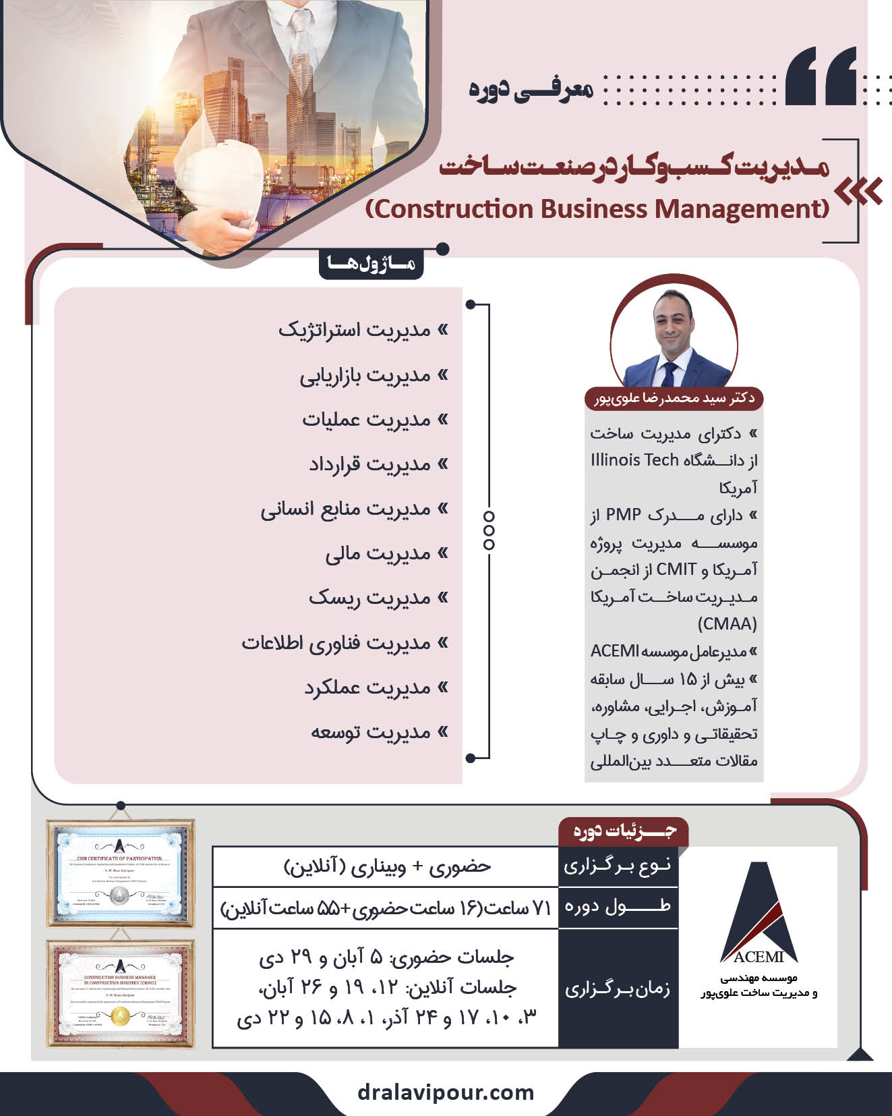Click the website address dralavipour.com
(446, 1092)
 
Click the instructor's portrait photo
(674, 337)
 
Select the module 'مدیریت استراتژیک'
(355, 330)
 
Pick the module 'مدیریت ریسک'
(369, 598)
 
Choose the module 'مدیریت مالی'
(378, 553)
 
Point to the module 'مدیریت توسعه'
(370, 732)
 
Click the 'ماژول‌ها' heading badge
(371, 264)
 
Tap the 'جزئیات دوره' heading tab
(624, 831)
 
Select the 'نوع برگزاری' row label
(618, 866)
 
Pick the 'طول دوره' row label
(618, 906)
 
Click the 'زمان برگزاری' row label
(618, 988)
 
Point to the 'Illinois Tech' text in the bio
(634, 459)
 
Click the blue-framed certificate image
(120, 873)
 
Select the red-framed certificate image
(120, 993)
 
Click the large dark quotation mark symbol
(821, 76)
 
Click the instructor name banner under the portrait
(674, 398)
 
